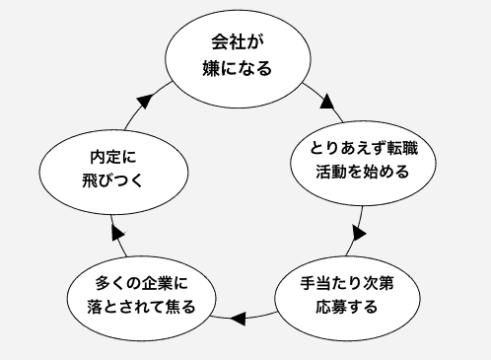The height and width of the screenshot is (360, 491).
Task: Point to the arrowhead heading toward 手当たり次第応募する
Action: pyautogui.click(x=358, y=235)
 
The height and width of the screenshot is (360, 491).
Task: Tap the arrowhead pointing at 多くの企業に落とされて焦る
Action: pyautogui.click(x=237, y=318)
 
